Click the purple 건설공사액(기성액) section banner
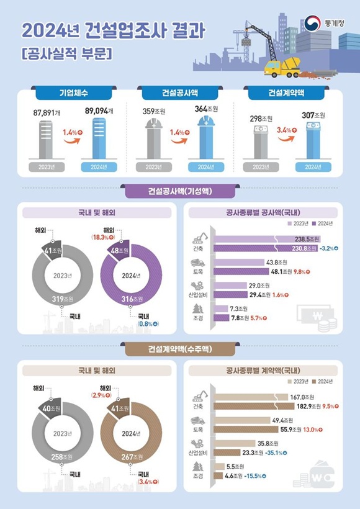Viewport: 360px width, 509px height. [x=180, y=191]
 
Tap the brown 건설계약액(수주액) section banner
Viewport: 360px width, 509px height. [x=180, y=350]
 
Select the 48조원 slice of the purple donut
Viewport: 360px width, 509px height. [x=119, y=251]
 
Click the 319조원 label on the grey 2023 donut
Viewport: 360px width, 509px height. [x=60, y=299]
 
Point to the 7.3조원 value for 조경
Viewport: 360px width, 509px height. [x=238, y=309]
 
